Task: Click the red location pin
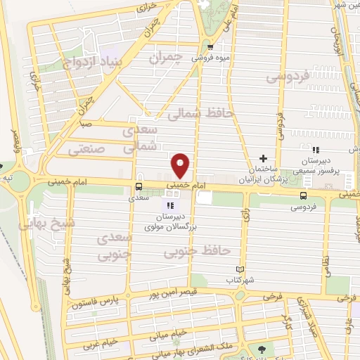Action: [181, 165]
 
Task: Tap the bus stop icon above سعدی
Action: [138, 186]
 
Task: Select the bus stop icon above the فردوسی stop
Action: [303, 196]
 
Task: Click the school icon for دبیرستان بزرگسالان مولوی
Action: [169, 205]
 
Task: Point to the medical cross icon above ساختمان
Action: [264, 159]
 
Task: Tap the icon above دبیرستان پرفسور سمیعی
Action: [316, 150]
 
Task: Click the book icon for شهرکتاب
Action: [240, 269]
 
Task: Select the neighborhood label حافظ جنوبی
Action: [188, 250]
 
